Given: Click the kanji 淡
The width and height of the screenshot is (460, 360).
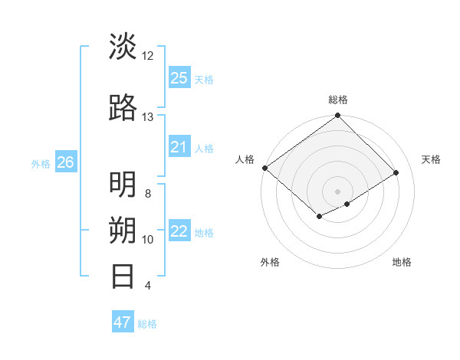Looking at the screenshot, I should [123, 47].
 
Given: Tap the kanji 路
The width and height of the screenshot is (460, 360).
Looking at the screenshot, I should [123, 108].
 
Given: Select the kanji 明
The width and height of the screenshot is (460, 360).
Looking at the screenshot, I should [123, 185].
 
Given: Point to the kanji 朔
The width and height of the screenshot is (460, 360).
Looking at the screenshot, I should [123, 231].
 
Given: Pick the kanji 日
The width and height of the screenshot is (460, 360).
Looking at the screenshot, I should [123, 277].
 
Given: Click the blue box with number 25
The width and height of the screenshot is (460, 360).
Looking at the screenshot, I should [179, 77].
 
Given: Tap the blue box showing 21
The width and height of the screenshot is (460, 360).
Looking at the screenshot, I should [179, 147].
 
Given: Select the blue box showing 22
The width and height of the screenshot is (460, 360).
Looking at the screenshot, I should [179, 232].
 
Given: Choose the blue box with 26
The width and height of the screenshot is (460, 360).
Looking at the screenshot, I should [65, 162].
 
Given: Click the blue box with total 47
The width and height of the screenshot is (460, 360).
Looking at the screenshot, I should [123, 322].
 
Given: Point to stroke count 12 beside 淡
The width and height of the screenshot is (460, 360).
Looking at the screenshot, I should [148, 55].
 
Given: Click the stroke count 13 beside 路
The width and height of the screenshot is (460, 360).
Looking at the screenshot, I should [148, 116].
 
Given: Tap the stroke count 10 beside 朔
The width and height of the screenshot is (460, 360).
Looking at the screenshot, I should [148, 239].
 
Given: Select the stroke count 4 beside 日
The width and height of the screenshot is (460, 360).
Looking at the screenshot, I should [148, 286].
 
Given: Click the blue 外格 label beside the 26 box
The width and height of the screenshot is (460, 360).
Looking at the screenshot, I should [41, 163].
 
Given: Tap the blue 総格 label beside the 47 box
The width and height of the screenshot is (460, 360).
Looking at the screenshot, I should [147, 324].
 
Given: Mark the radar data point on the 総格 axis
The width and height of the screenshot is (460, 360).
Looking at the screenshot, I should [337, 116].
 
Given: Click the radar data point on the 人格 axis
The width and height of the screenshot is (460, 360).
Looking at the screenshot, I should [264, 168].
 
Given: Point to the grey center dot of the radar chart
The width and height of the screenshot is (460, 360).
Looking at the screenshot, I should [337, 191].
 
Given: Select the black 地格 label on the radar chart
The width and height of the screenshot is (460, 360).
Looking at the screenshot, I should [402, 262].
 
